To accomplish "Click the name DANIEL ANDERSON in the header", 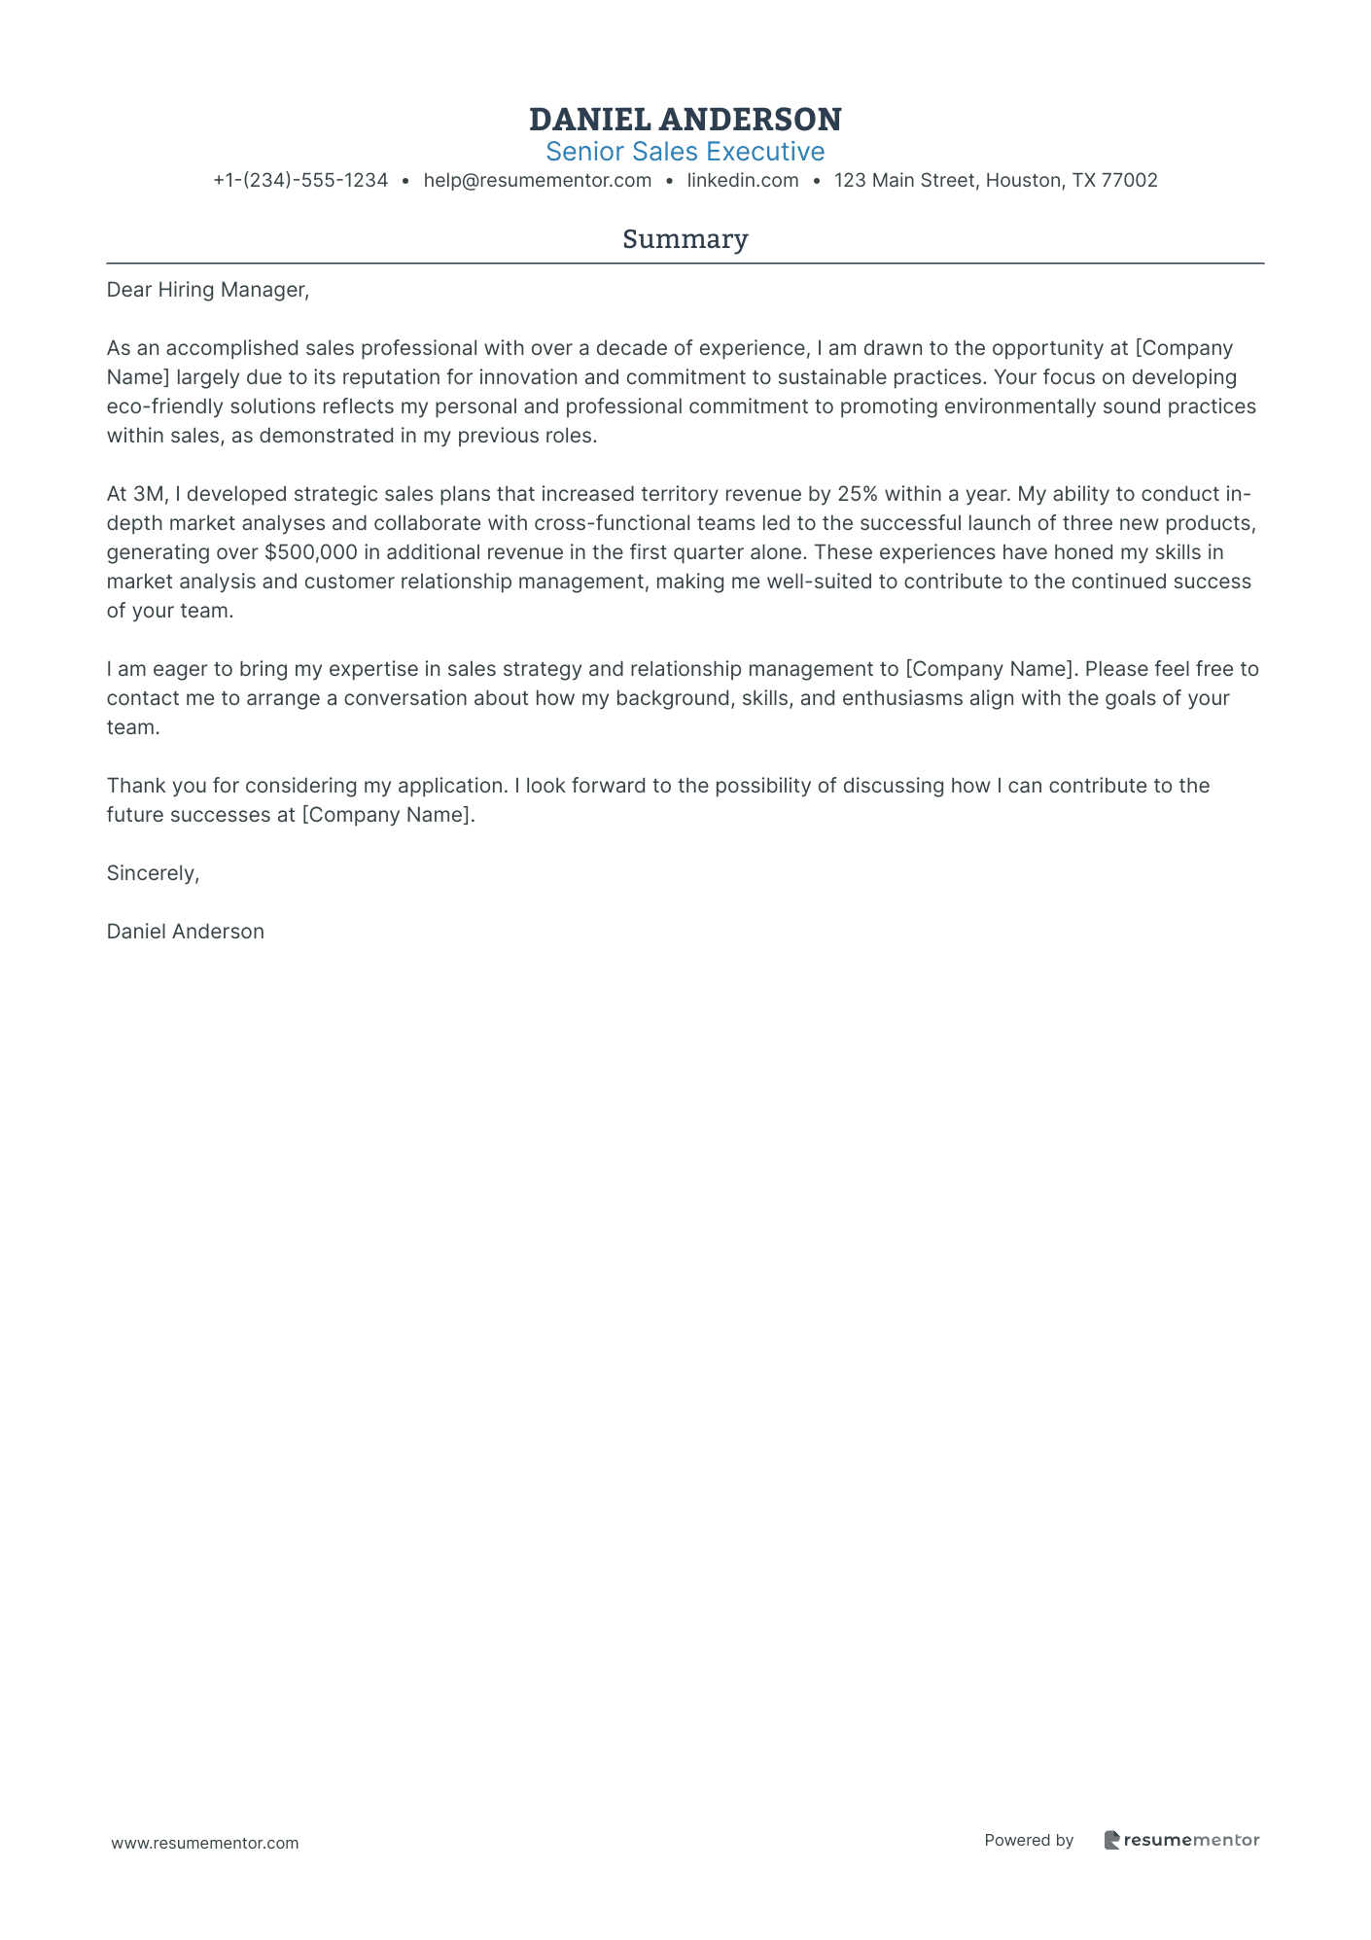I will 685,120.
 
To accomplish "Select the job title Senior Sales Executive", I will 685,152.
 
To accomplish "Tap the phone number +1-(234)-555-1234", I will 300,181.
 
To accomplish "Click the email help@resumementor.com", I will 538,181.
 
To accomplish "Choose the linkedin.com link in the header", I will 743,181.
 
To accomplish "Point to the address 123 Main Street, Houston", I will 996,181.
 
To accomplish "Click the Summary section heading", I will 685,239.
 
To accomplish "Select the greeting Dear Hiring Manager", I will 207,290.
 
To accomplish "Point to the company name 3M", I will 150,494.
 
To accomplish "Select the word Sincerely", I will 153,873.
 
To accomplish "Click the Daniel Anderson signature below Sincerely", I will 186,932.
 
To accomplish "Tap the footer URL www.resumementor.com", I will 205,1844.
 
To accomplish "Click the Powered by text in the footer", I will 1029,1841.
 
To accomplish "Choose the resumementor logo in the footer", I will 1182,1841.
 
